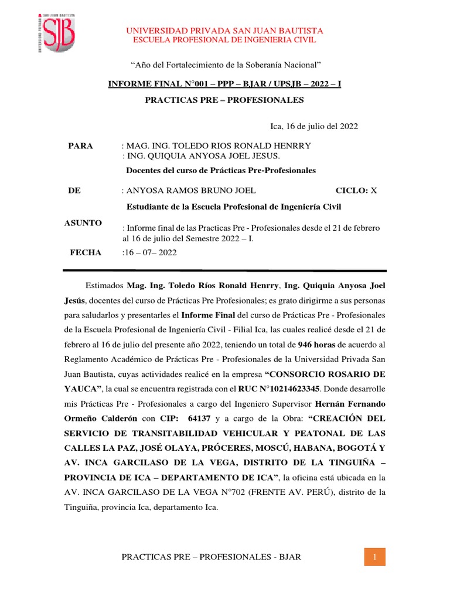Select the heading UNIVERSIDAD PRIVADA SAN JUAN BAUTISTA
(225, 31)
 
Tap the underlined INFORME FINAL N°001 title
(225, 84)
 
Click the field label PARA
(81, 146)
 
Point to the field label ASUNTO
(83, 223)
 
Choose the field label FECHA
(86, 252)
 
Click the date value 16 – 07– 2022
(151, 253)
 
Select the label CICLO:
(352, 190)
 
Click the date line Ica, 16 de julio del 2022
(313, 126)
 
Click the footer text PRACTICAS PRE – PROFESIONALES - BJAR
(211, 556)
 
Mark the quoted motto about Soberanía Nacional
(225, 63)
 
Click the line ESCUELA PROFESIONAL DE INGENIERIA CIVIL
(225, 40)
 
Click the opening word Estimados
(104, 285)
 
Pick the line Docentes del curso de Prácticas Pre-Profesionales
(221, 170)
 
